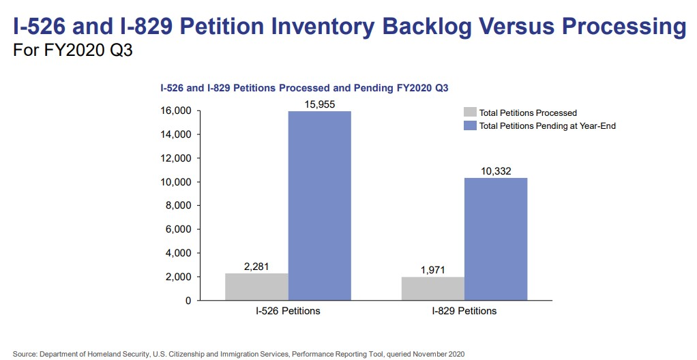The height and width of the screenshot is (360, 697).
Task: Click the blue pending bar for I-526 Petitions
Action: pos(319,205)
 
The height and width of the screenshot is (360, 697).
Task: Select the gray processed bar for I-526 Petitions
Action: pos(256,286)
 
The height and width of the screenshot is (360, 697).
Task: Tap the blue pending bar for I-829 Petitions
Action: pos(496,239)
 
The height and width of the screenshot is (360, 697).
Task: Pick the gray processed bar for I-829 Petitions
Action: pos(433,288)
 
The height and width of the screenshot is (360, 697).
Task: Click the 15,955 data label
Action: pos(320,104)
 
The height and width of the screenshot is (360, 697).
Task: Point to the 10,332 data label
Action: pos(496,170)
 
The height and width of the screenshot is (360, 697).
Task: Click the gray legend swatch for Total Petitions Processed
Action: pos(470,112)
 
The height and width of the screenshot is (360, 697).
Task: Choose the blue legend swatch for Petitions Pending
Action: pos(470,125)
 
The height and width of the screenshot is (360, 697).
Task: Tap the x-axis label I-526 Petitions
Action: pos(288,312)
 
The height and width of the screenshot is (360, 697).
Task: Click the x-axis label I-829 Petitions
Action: pos(464,312)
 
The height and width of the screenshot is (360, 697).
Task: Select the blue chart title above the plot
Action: pos(303,88)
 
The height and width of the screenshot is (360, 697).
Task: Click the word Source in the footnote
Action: pos(25,355)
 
